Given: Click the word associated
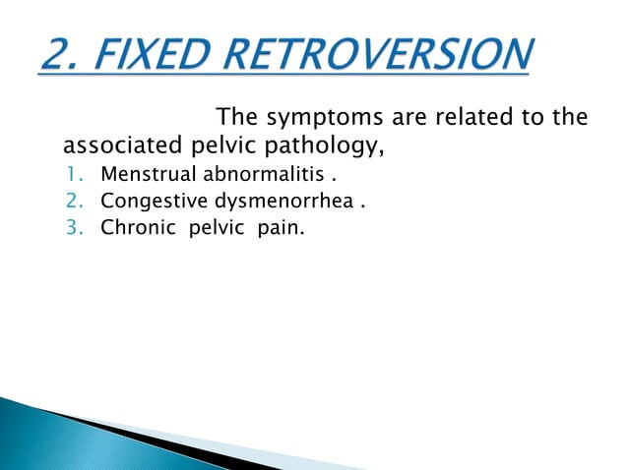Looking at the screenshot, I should tap(117, 147).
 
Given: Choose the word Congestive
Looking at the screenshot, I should tap(149, 204).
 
